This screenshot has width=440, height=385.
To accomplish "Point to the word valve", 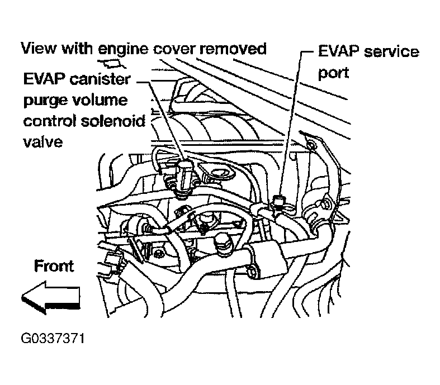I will pos(41,141).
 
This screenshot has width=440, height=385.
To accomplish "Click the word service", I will pos(390,53).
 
